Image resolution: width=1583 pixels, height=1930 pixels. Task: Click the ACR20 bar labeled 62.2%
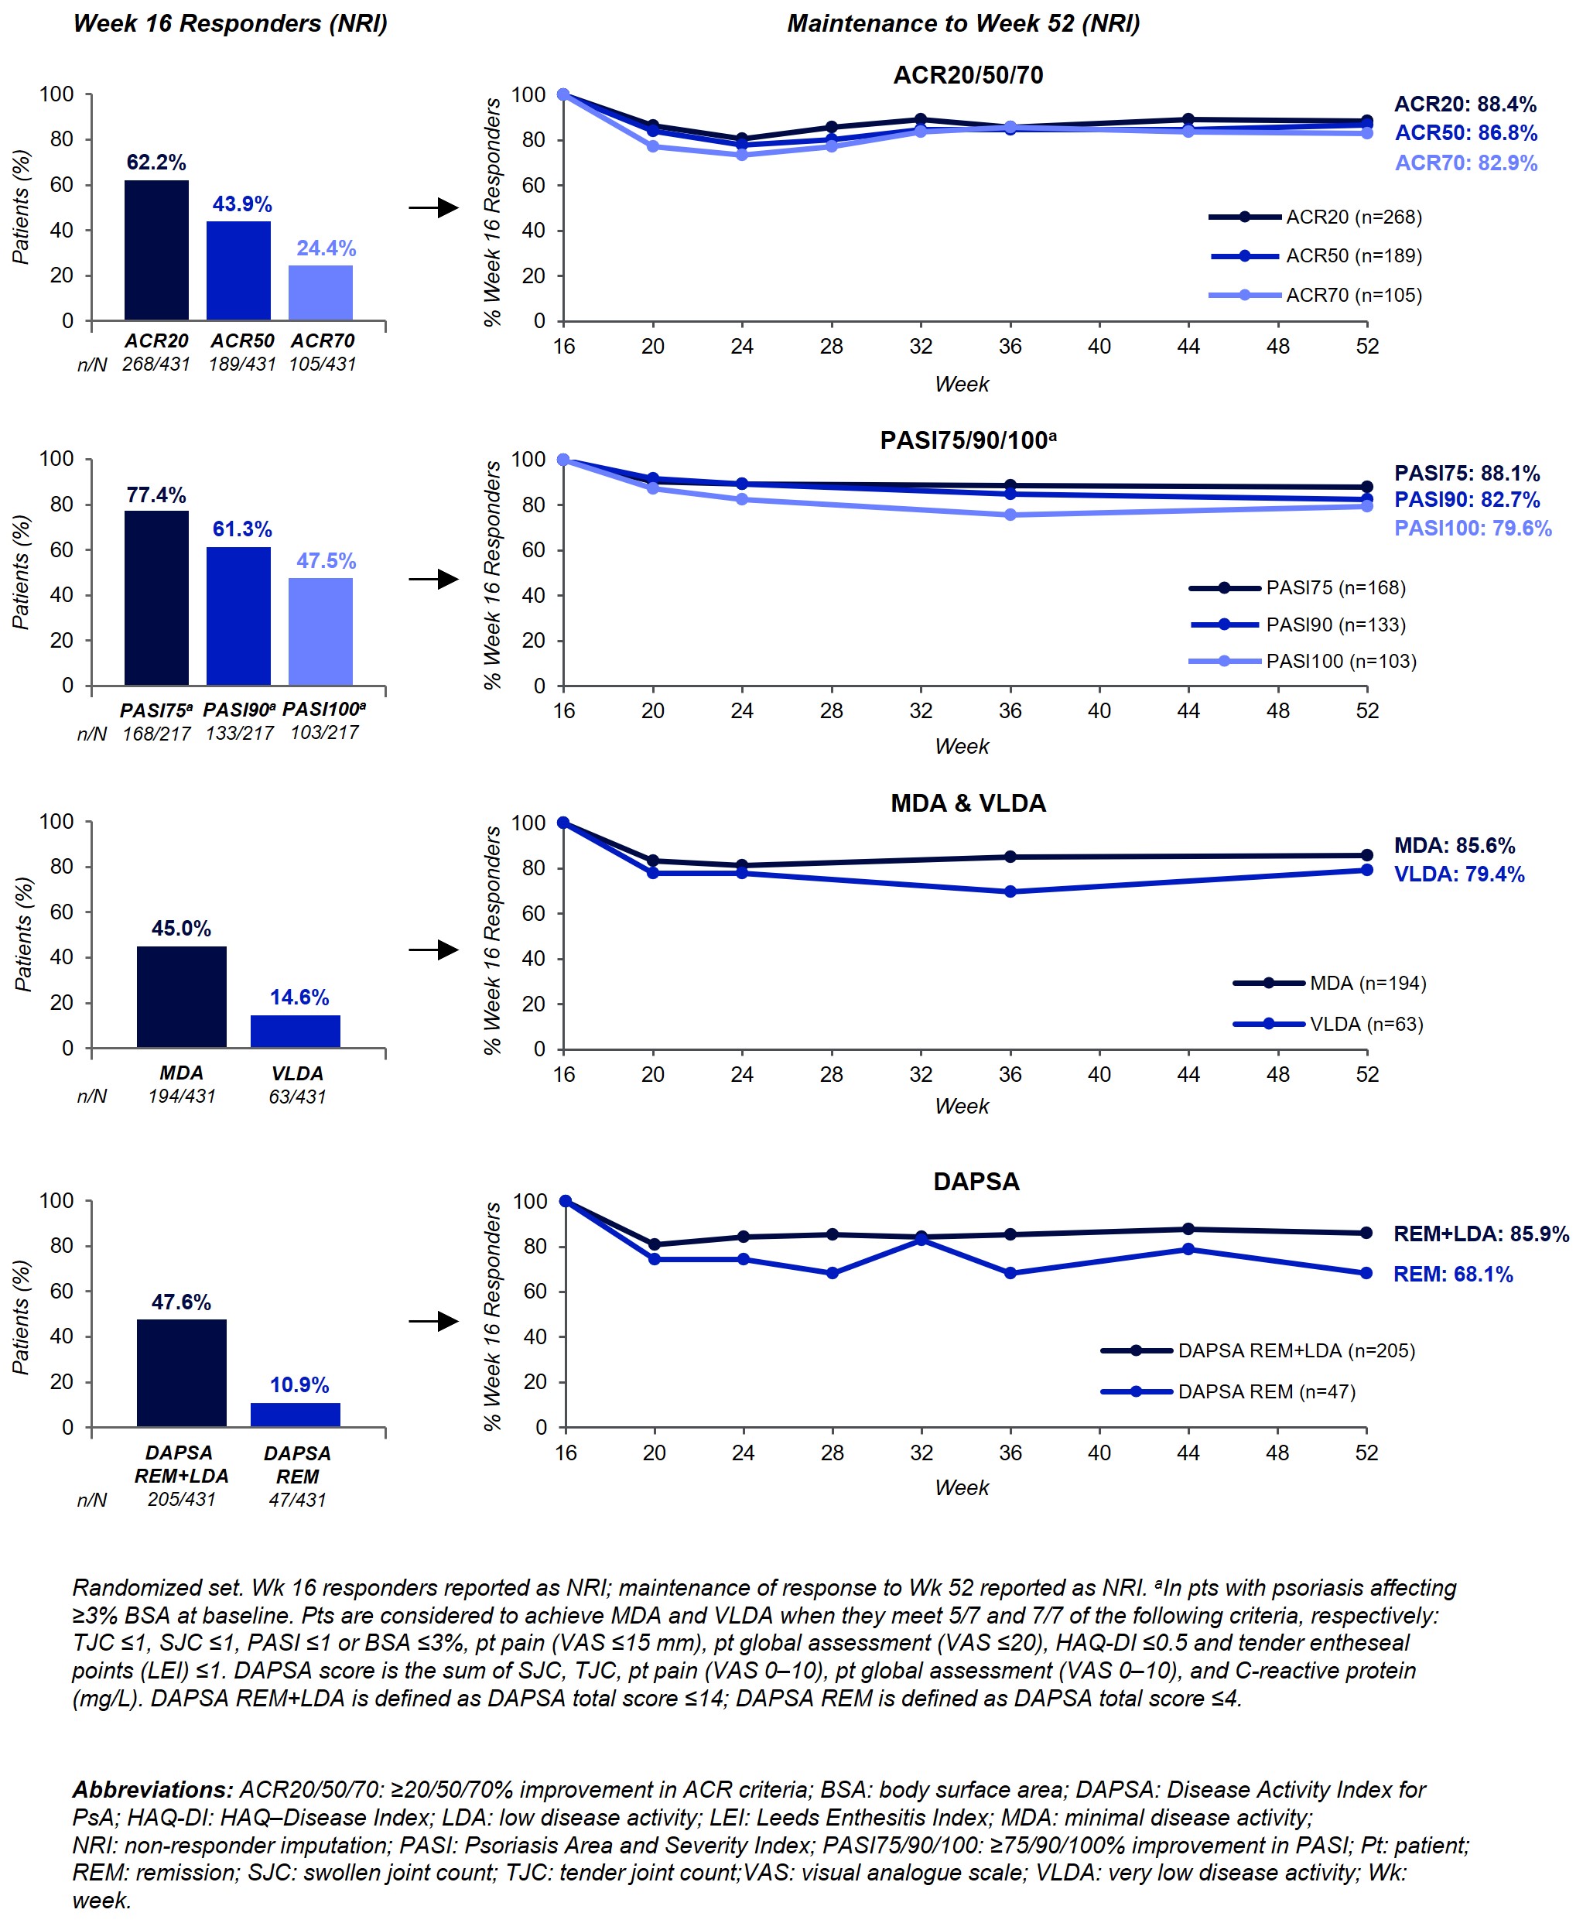coord(156,250)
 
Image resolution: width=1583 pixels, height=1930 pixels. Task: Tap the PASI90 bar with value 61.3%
coord(238,616)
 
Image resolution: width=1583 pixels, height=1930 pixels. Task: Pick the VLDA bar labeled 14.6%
coord(296,1032)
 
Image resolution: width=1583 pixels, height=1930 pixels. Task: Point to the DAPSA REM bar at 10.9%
coord(296,1415)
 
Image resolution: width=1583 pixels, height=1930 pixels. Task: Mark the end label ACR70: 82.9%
coord(1465,163)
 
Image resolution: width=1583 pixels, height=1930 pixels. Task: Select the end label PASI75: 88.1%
coord(1466,474)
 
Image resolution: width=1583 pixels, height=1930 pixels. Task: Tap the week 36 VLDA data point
coord(1010,892)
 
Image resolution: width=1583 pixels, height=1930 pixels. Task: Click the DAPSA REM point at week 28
coord(832,1273)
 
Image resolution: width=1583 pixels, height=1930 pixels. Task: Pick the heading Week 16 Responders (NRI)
coord(230,24)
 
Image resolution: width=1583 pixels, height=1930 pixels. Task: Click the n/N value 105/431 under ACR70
coord(323,364)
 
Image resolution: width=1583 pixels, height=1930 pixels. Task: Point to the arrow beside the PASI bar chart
coord(433,579)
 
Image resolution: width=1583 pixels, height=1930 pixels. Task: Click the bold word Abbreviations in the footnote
coord(152,1789)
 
